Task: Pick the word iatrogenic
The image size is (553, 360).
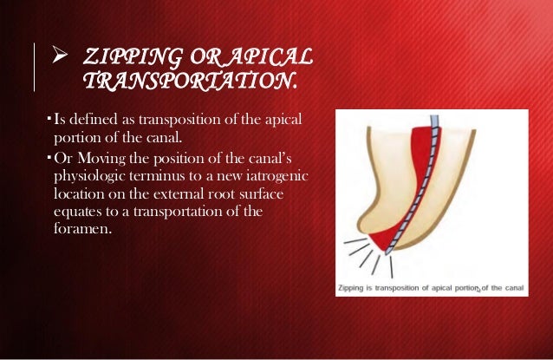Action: pos(261,178)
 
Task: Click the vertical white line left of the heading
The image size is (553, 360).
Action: pos(35,68)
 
